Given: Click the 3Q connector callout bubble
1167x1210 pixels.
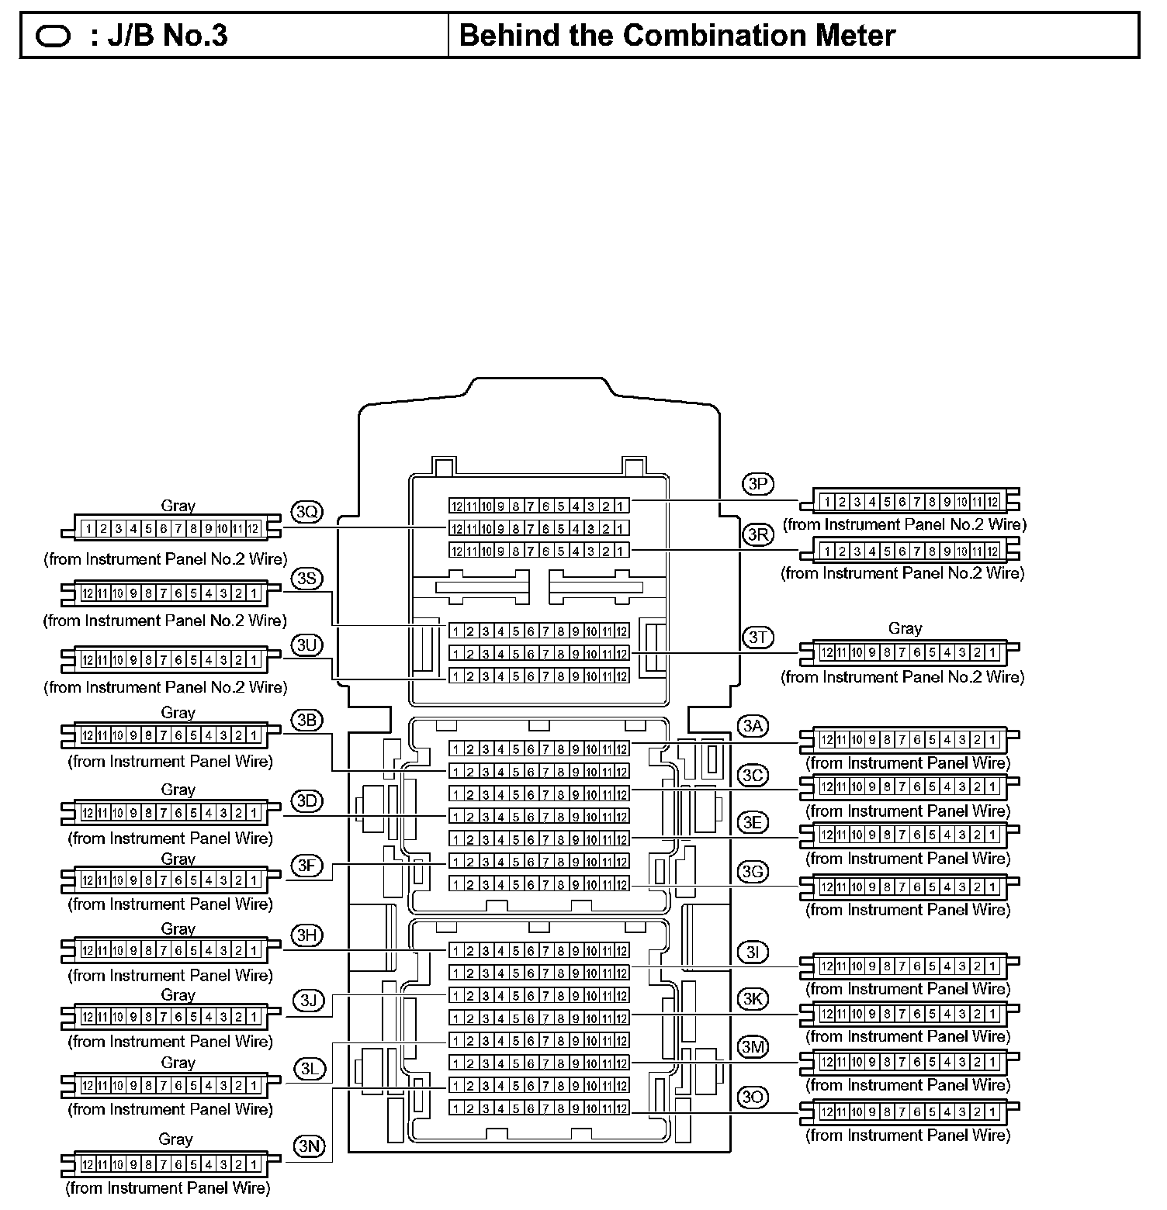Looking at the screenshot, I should [x=306, y=512].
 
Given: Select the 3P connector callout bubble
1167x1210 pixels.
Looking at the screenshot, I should [x=757, y=484].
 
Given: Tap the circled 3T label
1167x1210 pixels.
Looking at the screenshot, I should [x=757, y=638].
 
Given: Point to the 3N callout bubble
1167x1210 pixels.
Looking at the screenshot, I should [x=309, y=1146].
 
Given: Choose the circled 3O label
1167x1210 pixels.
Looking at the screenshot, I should [x=753, y=1097].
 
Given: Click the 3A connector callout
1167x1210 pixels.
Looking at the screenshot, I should [x=752, y=726].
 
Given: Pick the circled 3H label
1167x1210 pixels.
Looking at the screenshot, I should [x=307, y=935].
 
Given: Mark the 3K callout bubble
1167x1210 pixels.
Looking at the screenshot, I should [x=753, y=998].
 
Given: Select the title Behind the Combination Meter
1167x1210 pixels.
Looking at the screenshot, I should [x=677, y=36].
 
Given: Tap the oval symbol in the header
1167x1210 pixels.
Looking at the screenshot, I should [x=54, y=36].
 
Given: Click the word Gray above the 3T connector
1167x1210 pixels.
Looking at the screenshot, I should [x=905, y=628].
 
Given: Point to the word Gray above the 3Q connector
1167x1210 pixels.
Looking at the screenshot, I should [x=178, y=506].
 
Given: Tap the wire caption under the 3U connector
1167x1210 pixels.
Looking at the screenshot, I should [x=165, y=687].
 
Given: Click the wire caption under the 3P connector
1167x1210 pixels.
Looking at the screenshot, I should [x=904, y=524].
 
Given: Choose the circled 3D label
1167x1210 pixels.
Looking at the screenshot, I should [x=306, y=800].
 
